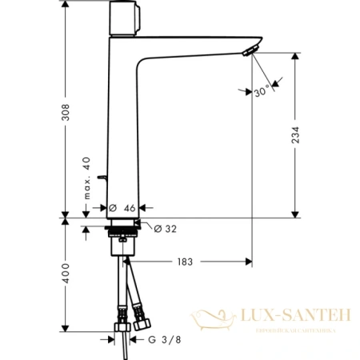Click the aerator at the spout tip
coord(251,53)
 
